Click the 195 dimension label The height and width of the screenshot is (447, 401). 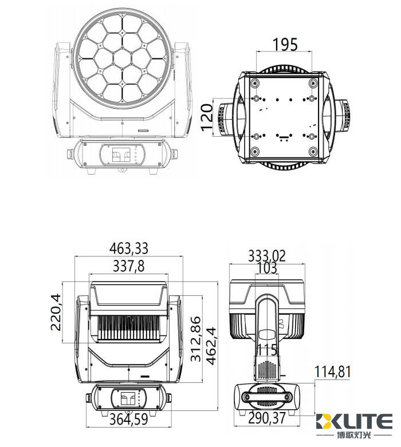click(x=285, y=45)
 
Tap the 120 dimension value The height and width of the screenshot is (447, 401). click(x=207, y=117)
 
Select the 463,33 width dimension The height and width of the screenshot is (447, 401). click(x=129, y=248)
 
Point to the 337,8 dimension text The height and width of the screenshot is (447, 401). click(x=129, y=266)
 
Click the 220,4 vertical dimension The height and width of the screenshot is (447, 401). click(x=56, y=312)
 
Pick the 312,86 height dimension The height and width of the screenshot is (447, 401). click(x=196, y=339)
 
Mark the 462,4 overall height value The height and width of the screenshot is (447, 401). click(x=211, y=346)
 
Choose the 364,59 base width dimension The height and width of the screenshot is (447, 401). click(x=129, y=419)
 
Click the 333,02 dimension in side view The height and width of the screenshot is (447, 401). click(x=267, y=256)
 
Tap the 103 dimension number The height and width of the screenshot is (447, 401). click(x=267, y=268)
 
